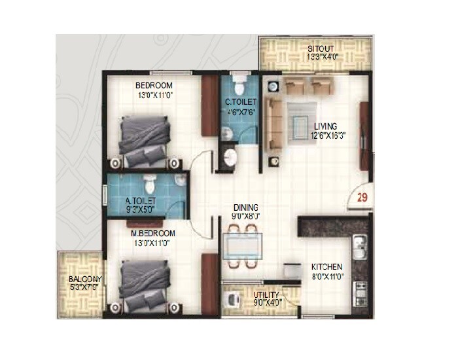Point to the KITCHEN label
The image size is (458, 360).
tap(326, 267)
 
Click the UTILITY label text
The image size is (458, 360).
tap(266, 295)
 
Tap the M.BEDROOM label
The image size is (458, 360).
tap(152, 234)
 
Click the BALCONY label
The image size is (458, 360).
tap(84, 280)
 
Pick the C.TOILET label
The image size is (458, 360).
tap(241, 103)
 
